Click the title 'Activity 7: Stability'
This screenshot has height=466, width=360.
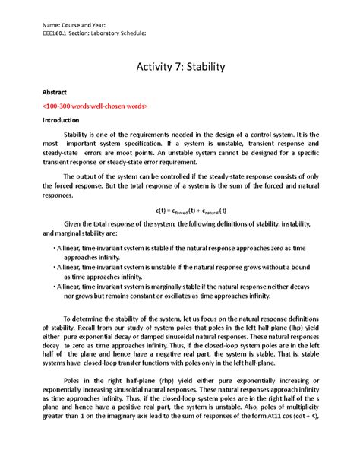[179, 68]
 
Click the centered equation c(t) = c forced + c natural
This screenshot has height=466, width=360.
[180, 209]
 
